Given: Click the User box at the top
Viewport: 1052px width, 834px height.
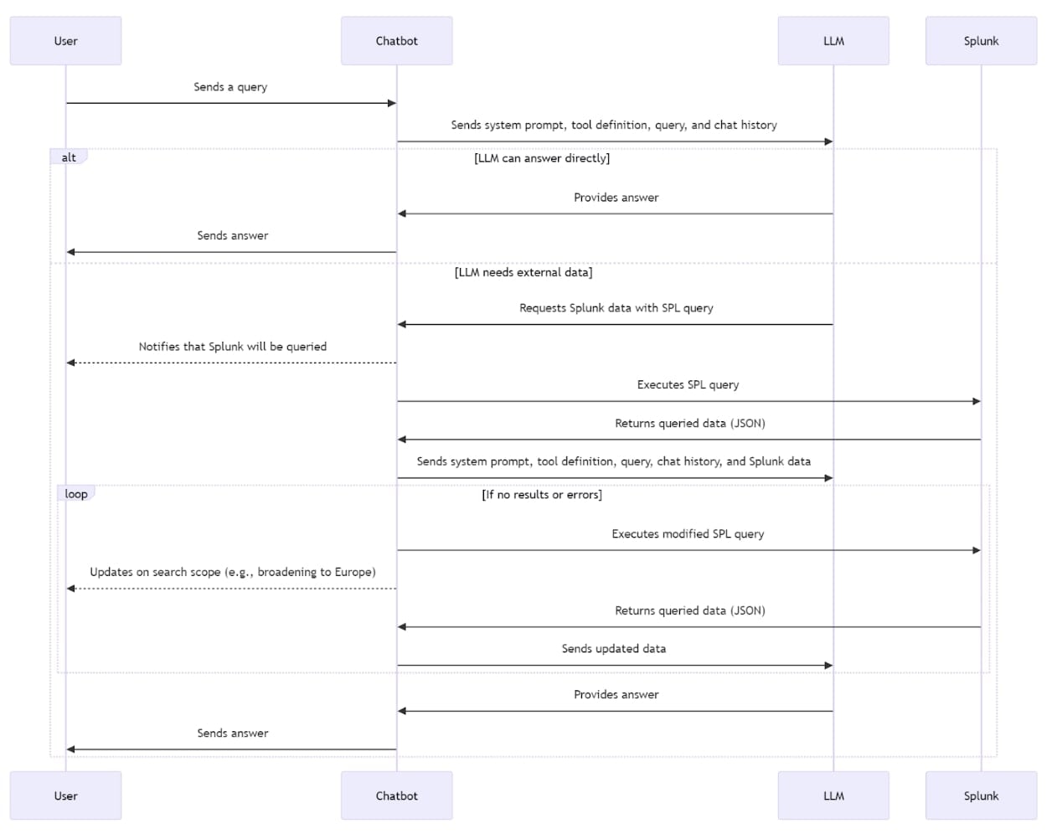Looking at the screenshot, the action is tap(65, 40).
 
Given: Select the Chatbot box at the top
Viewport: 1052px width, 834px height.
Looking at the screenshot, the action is tap(396, 40).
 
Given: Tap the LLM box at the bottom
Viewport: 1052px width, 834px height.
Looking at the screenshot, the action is tap(833, 795).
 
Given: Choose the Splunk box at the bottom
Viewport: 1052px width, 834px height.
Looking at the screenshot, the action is tap(981, 795).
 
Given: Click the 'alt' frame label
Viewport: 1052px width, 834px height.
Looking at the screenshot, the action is tap(69, 157).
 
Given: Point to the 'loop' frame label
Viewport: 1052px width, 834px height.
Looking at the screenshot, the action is tap(75, 494).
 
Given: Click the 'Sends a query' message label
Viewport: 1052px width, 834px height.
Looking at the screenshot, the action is tap(230, 87).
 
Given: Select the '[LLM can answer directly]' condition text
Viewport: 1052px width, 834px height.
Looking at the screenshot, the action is tap(542, 158).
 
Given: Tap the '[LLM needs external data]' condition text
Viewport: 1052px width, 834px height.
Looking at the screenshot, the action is tap(523, 272).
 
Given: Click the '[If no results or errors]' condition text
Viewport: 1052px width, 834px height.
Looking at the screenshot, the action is tap(542, 494).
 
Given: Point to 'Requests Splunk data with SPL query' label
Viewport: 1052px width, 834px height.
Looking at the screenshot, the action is tap(616, 308).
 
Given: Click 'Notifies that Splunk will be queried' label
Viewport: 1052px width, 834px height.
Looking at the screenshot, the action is tap(233, 347).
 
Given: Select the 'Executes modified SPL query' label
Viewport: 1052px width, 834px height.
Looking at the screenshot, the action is tap(688, 534).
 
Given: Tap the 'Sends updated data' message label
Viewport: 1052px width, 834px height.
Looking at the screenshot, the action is tap(613, 649).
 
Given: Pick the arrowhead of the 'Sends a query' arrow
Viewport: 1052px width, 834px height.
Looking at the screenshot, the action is tap(392, 103).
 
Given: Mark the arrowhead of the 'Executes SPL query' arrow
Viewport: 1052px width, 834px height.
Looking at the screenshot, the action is tap(977, 401).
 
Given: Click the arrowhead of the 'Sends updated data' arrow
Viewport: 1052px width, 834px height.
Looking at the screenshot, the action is tap(828, 666).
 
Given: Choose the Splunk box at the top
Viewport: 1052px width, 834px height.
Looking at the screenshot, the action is tap(981, 40).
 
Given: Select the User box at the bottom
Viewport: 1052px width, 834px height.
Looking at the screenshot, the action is tap(65, 795).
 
